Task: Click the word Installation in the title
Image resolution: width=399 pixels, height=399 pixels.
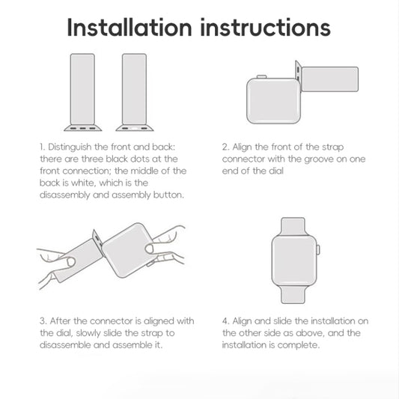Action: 130,27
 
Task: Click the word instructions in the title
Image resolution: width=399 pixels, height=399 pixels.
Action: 266,28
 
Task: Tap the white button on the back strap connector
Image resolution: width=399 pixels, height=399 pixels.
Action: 134,128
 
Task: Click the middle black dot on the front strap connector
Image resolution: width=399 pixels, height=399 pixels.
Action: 82,128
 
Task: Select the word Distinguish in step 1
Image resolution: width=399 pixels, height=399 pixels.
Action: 70,147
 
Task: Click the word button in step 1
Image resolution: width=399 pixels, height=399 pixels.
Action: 168,195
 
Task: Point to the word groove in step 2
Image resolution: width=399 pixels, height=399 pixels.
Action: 319,159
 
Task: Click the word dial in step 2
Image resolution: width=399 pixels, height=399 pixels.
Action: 276,171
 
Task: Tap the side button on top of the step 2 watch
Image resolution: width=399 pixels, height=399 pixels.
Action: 261,76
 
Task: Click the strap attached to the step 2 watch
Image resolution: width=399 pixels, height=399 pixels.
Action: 330,79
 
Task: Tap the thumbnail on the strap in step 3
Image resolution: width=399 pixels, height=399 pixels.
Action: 71,262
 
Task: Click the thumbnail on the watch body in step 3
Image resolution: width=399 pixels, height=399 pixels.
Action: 150,249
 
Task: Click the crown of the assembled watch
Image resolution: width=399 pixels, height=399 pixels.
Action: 318,249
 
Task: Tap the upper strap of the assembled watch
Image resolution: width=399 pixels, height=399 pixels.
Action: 293,227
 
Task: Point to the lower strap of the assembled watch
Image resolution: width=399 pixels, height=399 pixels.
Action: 293,295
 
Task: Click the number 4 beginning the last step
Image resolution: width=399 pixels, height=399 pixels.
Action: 225,321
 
